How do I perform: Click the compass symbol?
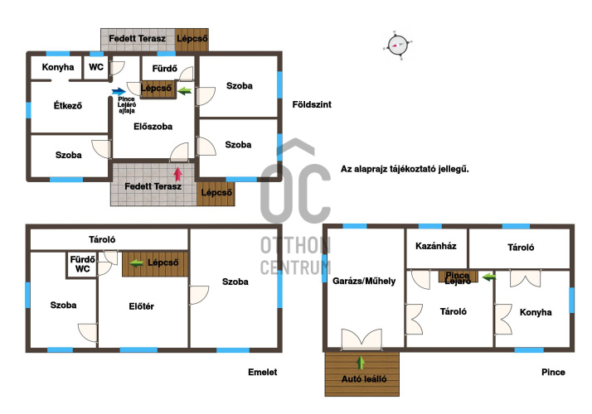click(x=398, y=45)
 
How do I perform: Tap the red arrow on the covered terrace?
click(x=177, y=174)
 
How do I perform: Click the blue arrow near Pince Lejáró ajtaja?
click(x=119, y=91)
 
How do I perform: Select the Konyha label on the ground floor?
click(x=58, y=67)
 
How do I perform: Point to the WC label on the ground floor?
click(x=96, y=67)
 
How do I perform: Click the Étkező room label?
click(x=68, y=105)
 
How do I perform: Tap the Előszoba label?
click(x=153, y=127)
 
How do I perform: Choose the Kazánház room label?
click(x=435, y=246)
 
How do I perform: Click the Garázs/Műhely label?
click(x=364, y=281)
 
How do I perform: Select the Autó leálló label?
click(x=364, y=379)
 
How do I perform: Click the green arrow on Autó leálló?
click(x=361, y=363)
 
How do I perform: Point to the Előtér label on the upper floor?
click(x=141, y=306)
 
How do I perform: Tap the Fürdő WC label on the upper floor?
click(x=82, y=264)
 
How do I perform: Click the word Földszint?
click(x=312, y=104)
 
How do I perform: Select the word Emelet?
click(x=262, y=372)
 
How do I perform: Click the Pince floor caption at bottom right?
click(x=553, y=372)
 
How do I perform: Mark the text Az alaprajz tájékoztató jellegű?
click(x=405, y=169)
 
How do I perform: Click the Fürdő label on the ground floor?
click(x=165, y=69)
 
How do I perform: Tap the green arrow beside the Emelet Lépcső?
click(x=136, y=263)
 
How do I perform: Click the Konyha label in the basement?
click(x=536, y=312)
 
